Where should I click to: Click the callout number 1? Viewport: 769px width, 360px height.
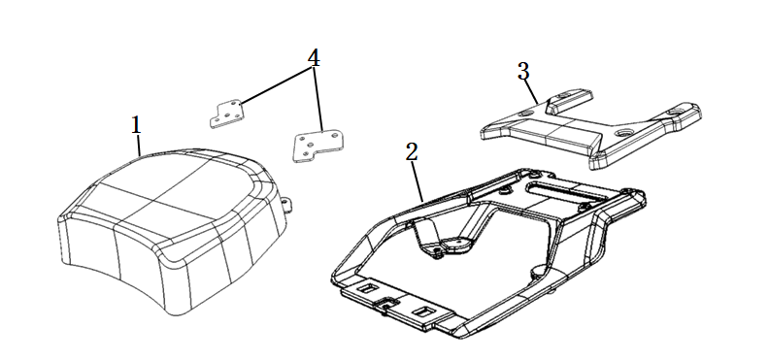136,125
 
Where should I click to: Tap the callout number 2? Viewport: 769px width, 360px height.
412,152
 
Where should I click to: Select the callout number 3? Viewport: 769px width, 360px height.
523,73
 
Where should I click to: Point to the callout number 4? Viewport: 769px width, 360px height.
314,58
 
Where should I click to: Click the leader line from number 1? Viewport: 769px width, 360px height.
140,146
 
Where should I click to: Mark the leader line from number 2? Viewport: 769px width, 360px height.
418,181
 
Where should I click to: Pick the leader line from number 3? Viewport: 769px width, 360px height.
532,92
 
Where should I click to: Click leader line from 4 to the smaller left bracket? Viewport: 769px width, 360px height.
275,85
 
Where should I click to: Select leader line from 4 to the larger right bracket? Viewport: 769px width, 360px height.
318,99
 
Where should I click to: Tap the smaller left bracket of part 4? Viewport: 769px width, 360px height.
225,115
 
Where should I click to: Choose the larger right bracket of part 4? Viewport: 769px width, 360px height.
318,146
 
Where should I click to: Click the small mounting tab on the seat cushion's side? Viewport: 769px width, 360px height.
287,204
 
